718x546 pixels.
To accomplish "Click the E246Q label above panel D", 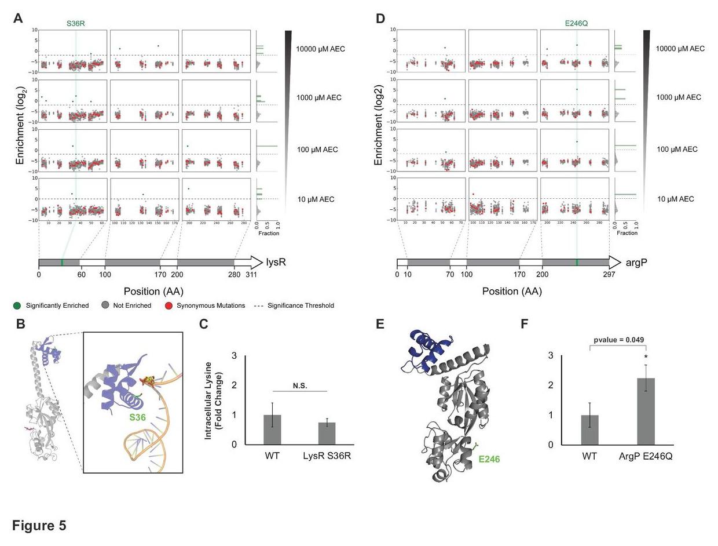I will [x=576, y=24].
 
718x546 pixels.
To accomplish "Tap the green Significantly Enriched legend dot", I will [x=17, y=305].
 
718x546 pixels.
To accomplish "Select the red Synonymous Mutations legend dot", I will [x=168, y=305].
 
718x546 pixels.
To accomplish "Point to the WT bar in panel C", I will [x=272, y=429].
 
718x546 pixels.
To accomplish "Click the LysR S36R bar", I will [x=327, y=433].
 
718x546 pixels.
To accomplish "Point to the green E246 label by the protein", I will [x=489, y=459].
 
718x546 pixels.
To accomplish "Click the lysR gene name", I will [x=276, y=262].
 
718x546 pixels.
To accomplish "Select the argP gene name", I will [x=636, y=262].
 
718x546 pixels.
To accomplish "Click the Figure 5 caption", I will [x=39, y=525].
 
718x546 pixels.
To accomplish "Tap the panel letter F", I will [x=525, y=323].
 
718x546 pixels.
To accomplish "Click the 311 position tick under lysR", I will [x=251, y=275].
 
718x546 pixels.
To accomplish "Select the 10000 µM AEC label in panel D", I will [x=680, y=49].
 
